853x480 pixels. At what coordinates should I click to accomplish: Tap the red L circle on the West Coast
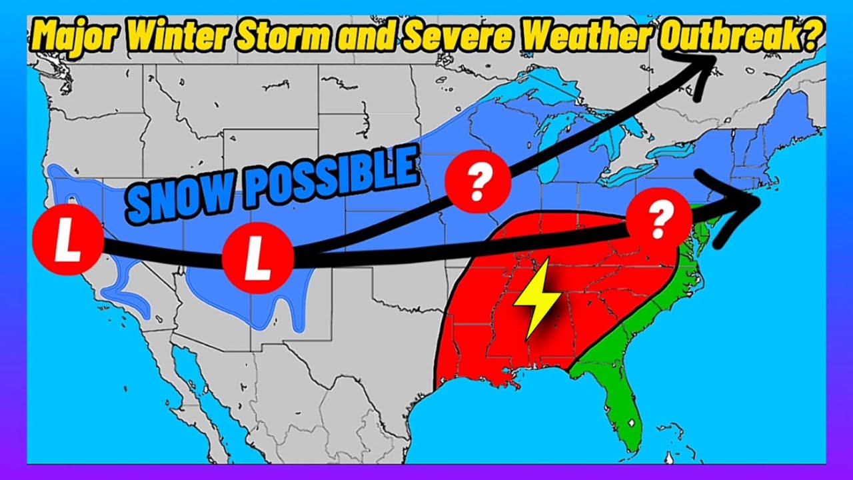coord(67,243)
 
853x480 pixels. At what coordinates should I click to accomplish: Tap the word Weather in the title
coord(582,37)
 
